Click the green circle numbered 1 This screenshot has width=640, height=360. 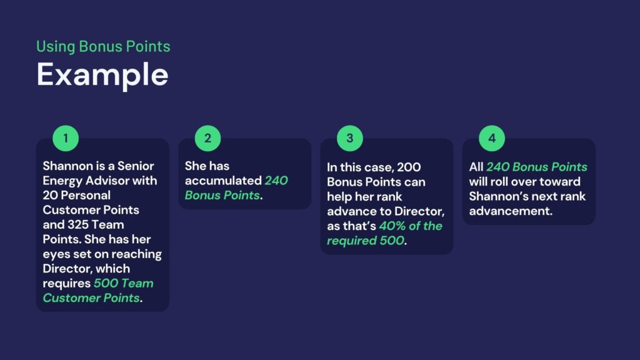click(x=66, y=138)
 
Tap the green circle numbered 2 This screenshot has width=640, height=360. click(x=207, y=138)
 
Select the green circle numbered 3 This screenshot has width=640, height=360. click(x=350, y=138)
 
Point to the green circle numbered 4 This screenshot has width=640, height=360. click(x=492, y=138)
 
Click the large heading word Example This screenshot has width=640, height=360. click(x=102, y=75)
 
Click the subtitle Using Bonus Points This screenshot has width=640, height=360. click(x=103, y=46)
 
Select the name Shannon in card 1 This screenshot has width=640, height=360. click(x=67, y=166)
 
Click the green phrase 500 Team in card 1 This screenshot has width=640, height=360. click(x=124, y=283)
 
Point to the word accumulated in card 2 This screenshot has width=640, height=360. click(x=223, y=181)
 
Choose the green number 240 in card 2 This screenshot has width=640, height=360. click(x=276, y=181)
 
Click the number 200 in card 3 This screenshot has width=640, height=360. click(x=409, y=167)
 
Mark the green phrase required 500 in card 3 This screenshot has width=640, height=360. click(x=366, y=241)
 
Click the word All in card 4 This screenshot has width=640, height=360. click(x=476, y=167)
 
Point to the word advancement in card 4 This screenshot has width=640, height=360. click(x=511, y=211)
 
